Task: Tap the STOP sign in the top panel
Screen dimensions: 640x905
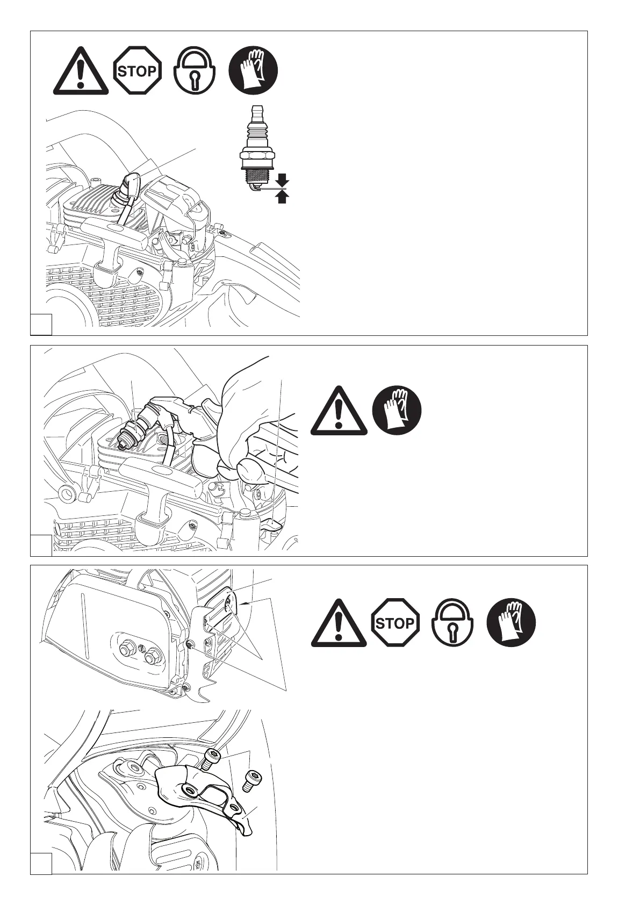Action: [137, 70]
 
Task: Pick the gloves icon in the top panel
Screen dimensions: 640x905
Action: [254, 70]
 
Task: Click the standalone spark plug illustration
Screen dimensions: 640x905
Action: [258, 148]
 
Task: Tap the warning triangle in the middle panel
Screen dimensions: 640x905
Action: [339, 411]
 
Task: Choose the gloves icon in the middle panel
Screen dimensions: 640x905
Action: [397, 410]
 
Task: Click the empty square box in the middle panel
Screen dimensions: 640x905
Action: [41, 545]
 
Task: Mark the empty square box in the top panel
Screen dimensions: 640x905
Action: [41, 325]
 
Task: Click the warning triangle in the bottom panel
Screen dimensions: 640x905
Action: [339, 623]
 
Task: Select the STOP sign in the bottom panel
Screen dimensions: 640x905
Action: [395, 623]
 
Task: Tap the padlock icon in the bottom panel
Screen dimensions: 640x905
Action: [452, 623]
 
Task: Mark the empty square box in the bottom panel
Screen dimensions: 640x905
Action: [41, 863]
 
